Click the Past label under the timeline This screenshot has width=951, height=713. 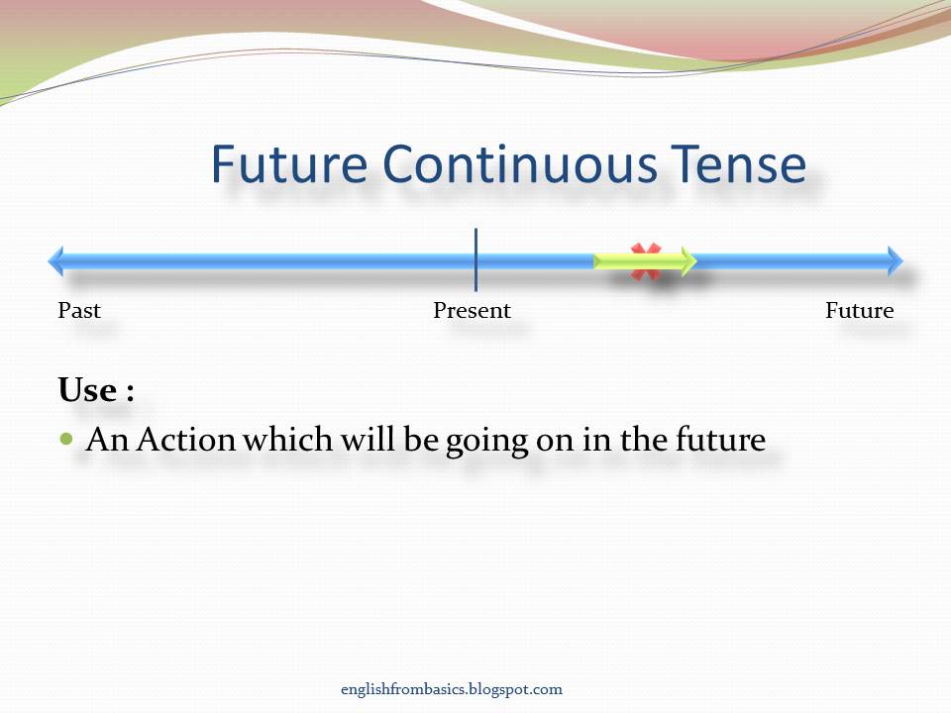point(79,311)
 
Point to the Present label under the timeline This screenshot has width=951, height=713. point(473,311)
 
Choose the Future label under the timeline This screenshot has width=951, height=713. point(859,311)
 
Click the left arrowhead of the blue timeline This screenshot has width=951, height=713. point(56,261)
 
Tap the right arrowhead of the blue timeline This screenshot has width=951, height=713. point(895,261)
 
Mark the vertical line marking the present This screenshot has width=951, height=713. point(475,259)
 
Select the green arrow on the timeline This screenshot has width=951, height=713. point(644,261)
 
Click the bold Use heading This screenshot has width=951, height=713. point(95,390)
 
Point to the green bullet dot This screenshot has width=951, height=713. point(67,438)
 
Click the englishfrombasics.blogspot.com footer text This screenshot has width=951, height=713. point(450,689)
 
